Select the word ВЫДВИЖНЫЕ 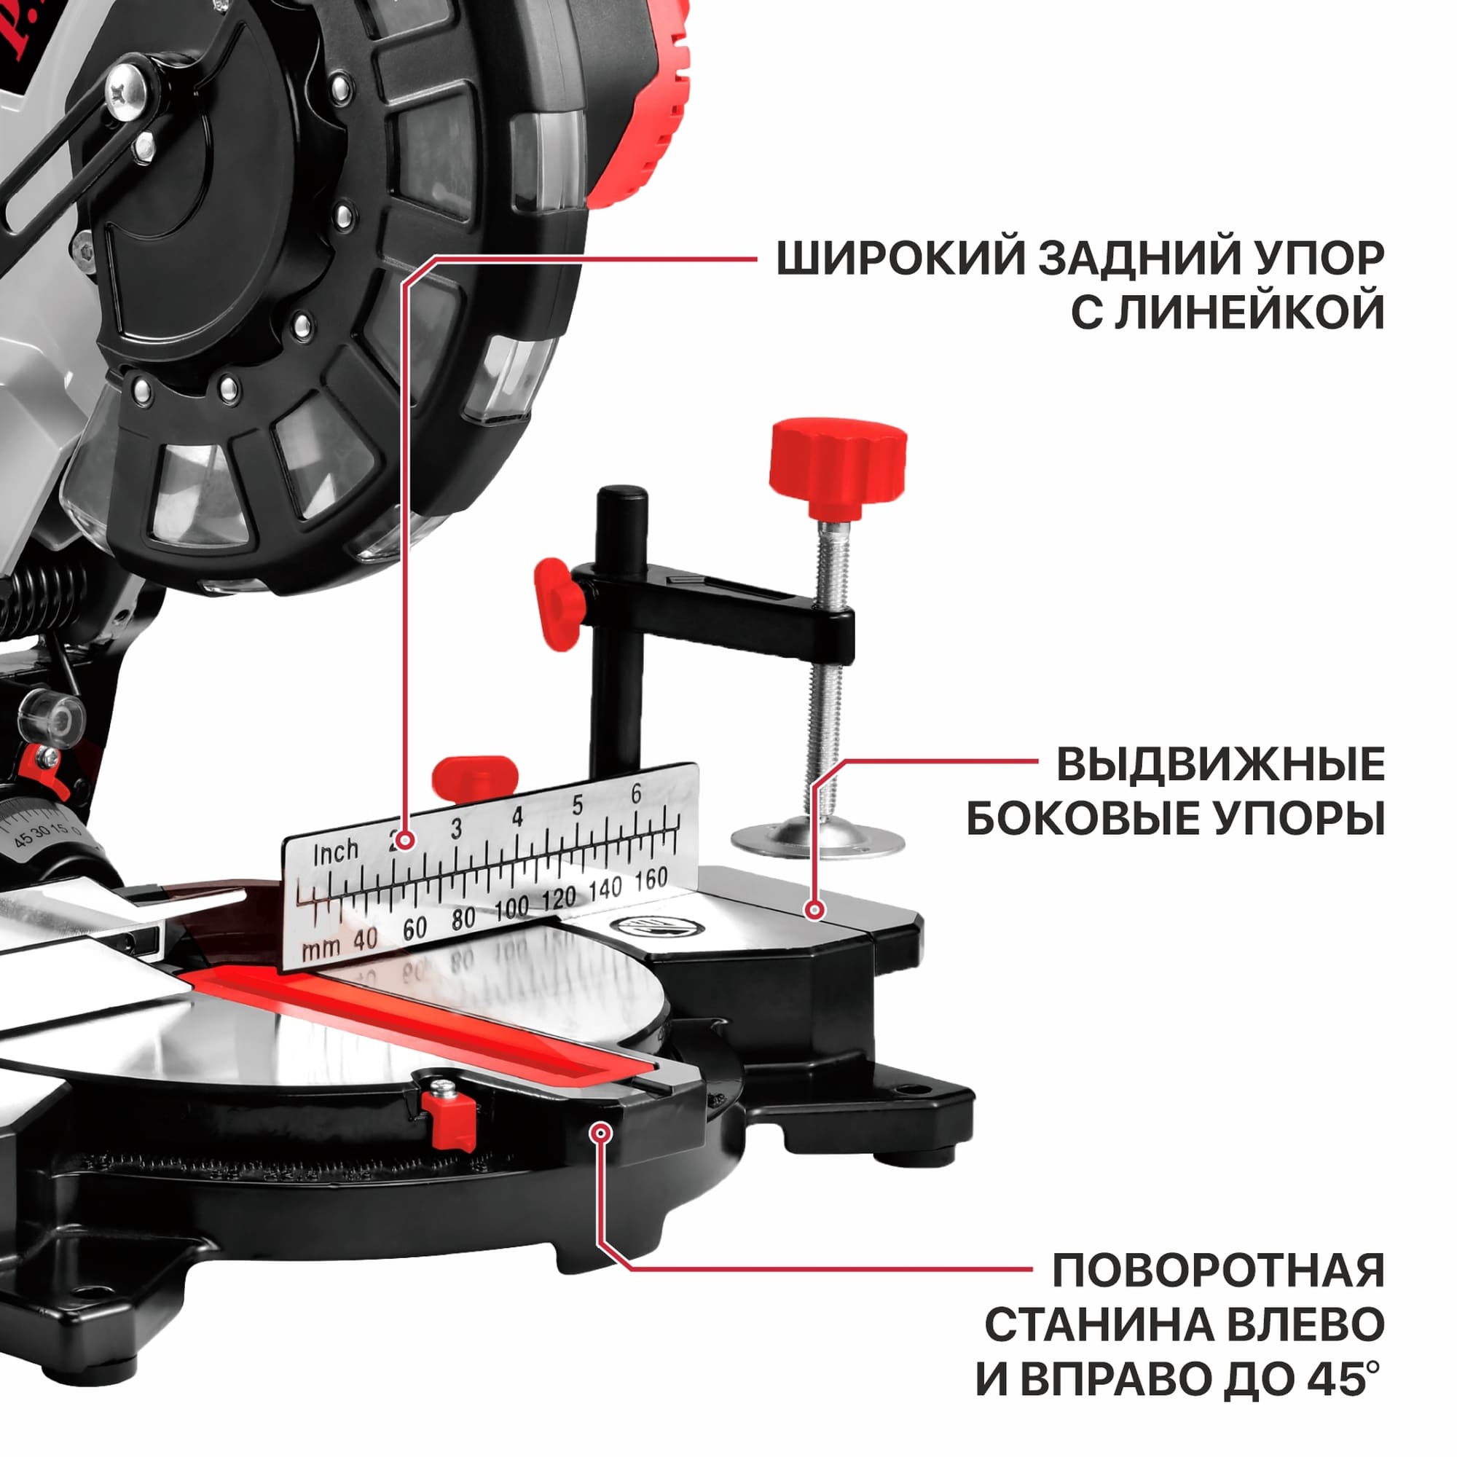[1220, 765]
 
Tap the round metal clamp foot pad [817, 837]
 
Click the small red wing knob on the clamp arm [559, 604]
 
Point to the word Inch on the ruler [336, 854]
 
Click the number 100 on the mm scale [512, 909]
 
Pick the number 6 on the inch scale [637, 794]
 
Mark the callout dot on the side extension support [813, 909]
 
